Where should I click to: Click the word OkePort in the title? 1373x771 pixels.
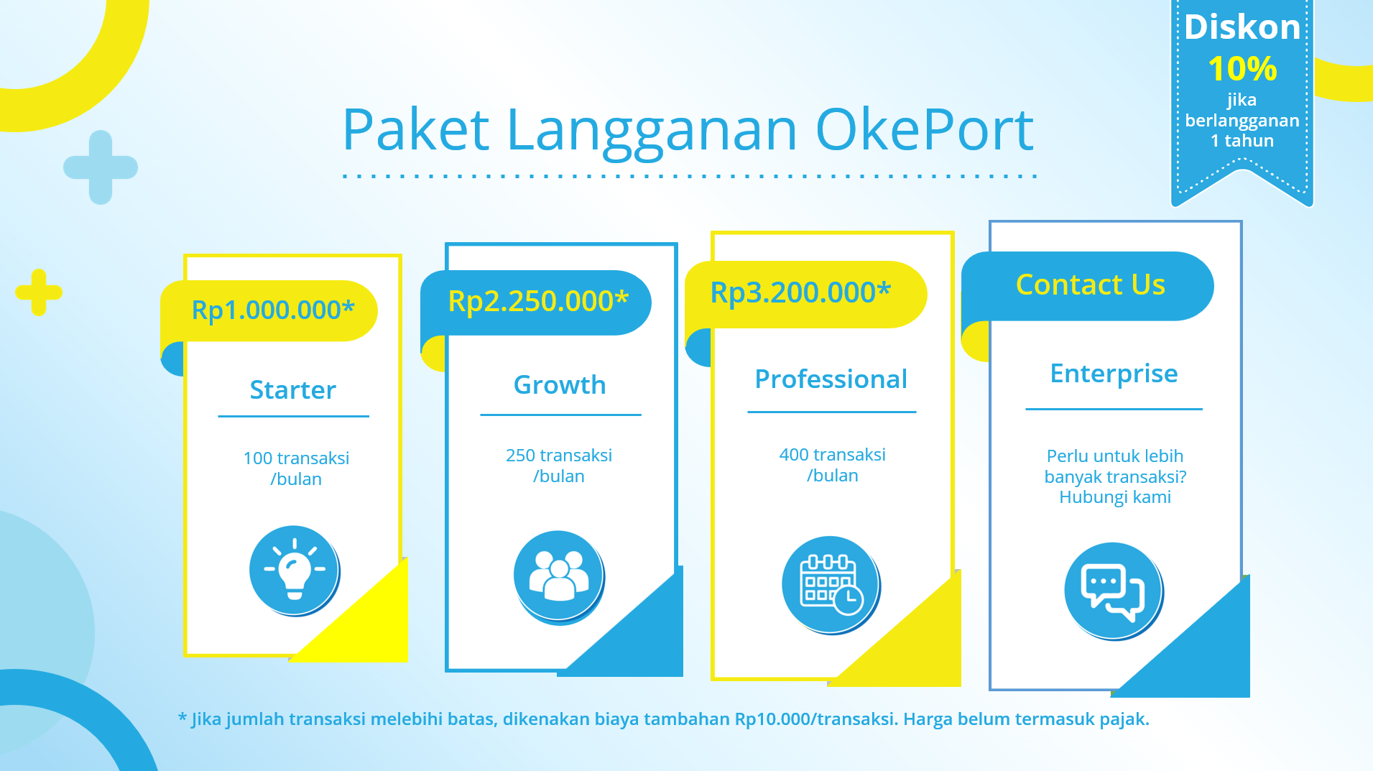coord(924,130)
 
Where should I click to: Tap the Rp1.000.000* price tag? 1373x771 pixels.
coord(273,310)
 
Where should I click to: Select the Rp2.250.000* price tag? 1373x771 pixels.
coord(538,301)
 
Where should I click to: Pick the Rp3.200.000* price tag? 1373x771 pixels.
coord(800,292)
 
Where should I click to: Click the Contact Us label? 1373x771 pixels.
coord(1090,285)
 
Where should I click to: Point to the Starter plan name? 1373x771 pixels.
coord(292,390)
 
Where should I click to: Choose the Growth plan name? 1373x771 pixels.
coord(560,385)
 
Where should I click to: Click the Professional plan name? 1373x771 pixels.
coord(831,379)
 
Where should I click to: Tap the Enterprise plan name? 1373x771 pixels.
coord(1114,374)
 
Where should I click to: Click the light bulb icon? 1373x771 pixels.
coord(294,570)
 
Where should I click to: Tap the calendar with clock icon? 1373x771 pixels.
coord(830,584)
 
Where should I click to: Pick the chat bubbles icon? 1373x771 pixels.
coord(1113,591)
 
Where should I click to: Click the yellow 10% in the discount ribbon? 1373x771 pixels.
coord(1242,70)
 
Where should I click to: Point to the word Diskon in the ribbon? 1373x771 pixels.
coord(1242,28)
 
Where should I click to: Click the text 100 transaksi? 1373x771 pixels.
coord(296,458)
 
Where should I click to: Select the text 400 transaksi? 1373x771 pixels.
coord(832,455)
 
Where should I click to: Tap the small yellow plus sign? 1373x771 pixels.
coord(39,292)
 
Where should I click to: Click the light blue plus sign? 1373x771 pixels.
coord(101,167)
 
